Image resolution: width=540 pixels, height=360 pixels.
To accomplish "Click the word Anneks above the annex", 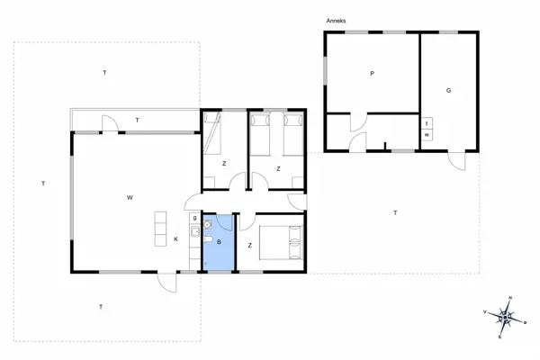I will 337,20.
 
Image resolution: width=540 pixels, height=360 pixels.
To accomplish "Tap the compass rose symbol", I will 507,315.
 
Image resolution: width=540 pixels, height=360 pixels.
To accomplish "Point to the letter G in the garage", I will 448,90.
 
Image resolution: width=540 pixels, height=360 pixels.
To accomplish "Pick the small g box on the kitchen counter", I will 193,217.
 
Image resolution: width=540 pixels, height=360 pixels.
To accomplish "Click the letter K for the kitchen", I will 175,238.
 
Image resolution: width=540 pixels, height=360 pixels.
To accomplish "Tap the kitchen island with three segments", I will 160,228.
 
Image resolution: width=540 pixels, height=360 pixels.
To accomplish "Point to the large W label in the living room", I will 130,197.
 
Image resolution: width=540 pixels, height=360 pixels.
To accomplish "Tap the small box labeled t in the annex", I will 427,123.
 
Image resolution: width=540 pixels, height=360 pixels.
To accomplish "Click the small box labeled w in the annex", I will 427,135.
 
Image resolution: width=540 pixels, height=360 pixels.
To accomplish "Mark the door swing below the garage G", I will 459,161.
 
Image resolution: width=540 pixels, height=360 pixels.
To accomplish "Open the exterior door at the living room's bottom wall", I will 166,281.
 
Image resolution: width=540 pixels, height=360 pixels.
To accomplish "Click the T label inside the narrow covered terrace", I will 137,120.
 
